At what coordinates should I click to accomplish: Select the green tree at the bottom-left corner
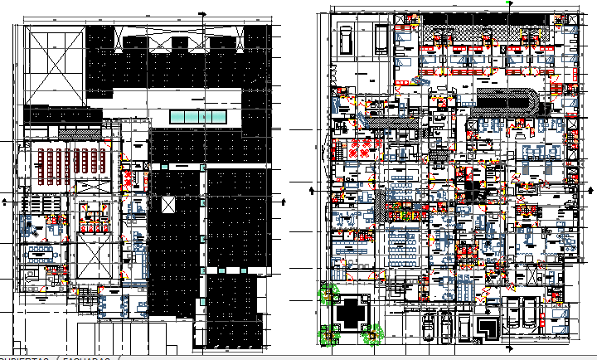pyautogui.click(x=329, y=335)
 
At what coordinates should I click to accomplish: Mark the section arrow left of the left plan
pyautogui.click(x=7, y=200)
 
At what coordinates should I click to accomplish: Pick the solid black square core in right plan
pyautogui.click(x=472, y=192)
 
